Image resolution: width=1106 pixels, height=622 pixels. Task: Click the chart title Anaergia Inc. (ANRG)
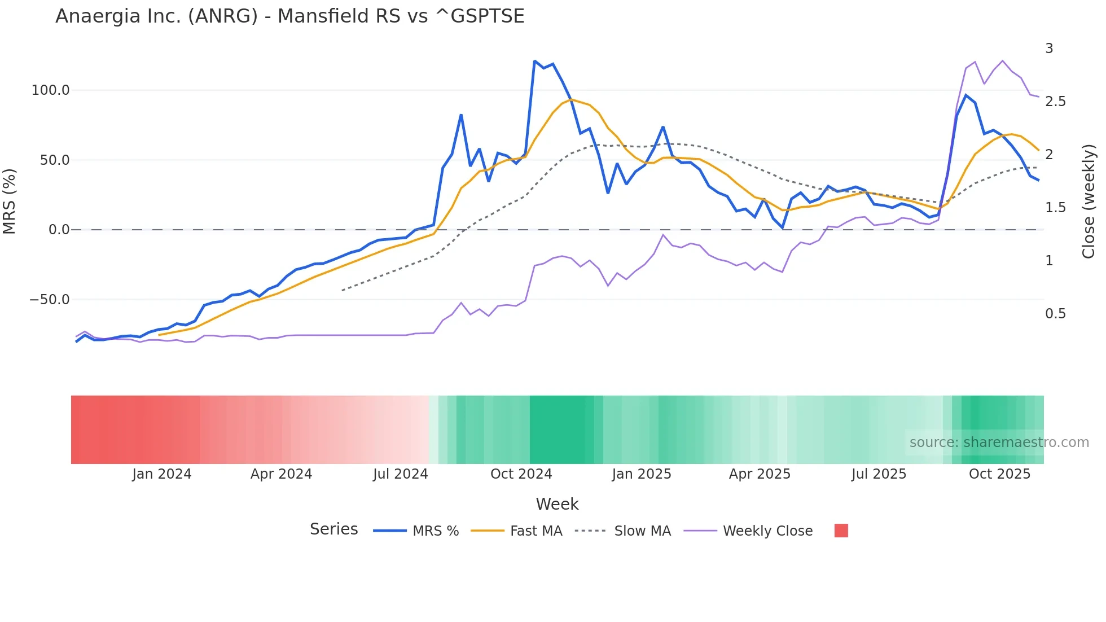(x=289, y=16)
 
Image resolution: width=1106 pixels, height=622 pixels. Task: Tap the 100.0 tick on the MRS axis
(x=51, y=90)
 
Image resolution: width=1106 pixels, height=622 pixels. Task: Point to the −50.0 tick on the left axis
(x=50, y=300)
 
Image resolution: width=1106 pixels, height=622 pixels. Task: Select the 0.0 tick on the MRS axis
(x=59, y=230)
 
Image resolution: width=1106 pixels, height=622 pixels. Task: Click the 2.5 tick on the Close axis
(x=1055, y=102)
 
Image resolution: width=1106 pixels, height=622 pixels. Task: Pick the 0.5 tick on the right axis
(x=1055, y=314)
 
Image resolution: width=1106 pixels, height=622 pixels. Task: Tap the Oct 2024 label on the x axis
(x=521, y=474)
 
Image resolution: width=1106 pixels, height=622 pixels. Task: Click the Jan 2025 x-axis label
(x=642, y=474)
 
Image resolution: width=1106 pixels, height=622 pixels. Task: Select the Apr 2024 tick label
(x=281, y=474)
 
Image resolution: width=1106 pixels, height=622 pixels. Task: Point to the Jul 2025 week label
(x=879, y=474)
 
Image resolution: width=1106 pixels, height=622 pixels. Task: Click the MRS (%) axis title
(x=10, y=202)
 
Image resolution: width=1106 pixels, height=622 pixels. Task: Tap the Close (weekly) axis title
(x=1089, y=202)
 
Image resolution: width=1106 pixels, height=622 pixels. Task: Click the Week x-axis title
(x=557, y=504)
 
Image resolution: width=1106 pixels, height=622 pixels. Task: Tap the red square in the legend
(x=841, y=531)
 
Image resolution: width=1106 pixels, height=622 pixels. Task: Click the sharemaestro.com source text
(x=999, y=443)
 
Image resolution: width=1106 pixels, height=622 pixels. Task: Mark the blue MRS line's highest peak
(x=534, y=61)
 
